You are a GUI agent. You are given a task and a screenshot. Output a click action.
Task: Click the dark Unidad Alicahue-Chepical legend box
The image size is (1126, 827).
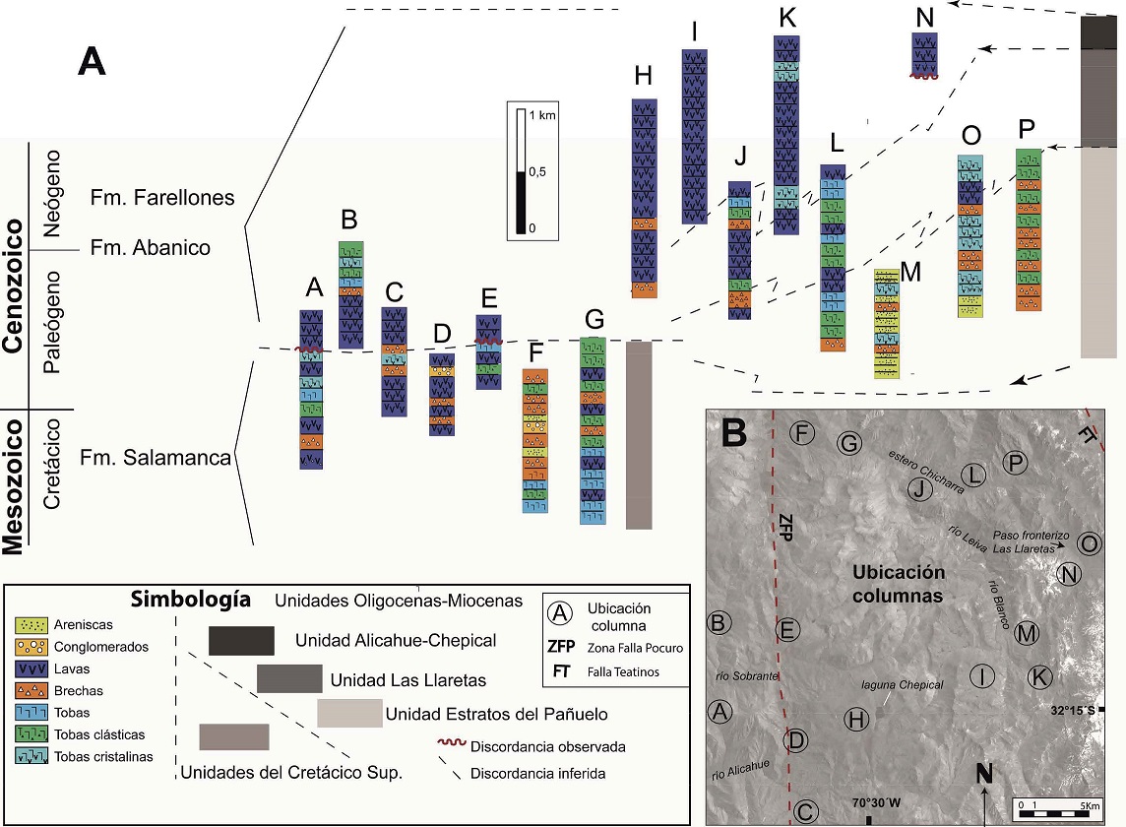pyautogui.click(x=241, y=640)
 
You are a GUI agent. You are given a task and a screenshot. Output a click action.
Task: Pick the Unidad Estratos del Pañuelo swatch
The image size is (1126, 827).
pyautogui.click(x=349, y=714)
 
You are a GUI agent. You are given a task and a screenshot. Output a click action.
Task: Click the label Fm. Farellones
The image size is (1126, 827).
pyautogui.click(x=162, y=197)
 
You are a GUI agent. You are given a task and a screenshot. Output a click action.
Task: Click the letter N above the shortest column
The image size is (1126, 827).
pyautogui.click(x=924, y=16)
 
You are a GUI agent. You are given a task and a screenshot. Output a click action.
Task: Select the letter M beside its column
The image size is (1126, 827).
pyautogui.click(x=910, y=272)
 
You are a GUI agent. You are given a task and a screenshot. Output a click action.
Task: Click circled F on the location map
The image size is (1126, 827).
pyautogui.click(x=803, y=433)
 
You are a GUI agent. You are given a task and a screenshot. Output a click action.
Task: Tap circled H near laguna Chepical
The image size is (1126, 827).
pyautogui.click(x=857, y=720)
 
